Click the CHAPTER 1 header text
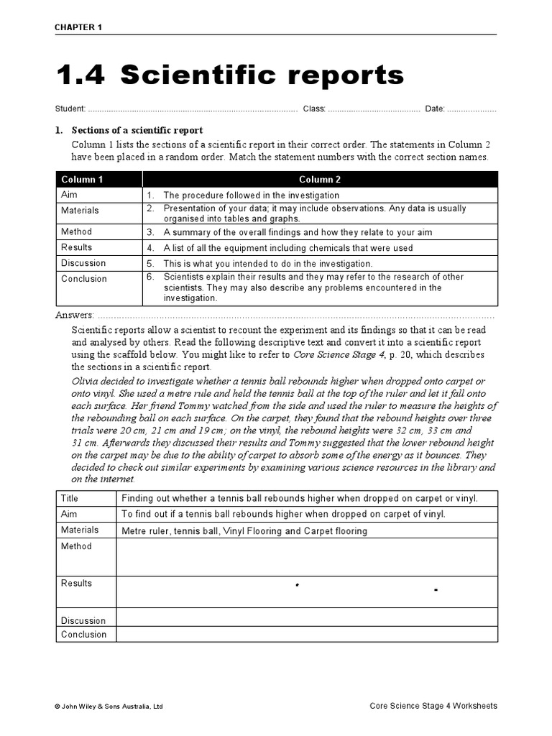[79, 27]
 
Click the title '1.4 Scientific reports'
[229, 75]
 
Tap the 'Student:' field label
[70, 109]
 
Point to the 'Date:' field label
[435, 109]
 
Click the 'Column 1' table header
[82, 180]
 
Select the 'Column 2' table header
[320, 180]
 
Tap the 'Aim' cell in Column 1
[69, 195]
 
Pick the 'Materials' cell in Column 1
[80, 211]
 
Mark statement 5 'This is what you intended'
[267, 264]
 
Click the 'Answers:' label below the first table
[75, 315]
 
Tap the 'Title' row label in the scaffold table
[70, 498]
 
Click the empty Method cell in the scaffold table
[306, 558]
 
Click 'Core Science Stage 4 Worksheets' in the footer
[433, 706]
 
